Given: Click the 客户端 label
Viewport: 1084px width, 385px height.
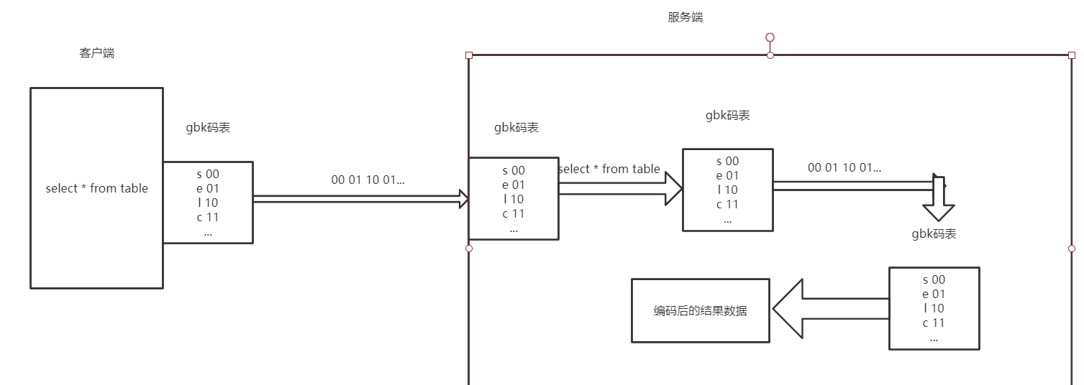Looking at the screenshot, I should pyautogui.click(x=96, y=53).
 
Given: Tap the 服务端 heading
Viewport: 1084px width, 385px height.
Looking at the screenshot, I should pyautogui.click(x=685, y=17).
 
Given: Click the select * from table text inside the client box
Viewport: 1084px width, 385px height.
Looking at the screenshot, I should pyautogui.click(x=96, y=188).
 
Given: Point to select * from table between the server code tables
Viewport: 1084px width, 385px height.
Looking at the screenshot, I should pyautogui.click(x=609, y=169).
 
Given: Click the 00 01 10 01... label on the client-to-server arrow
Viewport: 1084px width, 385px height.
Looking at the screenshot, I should pyautogui.click(x=368, y=180).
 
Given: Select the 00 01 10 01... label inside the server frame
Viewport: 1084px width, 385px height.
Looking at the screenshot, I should pyautogui.click(x=844, y=167).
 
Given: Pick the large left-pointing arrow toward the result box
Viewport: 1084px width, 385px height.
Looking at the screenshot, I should pyautogui.click(x=827, y=309).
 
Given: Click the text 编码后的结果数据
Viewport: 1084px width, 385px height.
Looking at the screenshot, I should pyautogui.click(x=700, y=310).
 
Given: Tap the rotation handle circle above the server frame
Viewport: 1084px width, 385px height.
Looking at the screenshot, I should pyautogui.click(x=770, y=37).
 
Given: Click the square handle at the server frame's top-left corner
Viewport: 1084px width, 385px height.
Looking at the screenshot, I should pyautogui.click(x=469, y=55).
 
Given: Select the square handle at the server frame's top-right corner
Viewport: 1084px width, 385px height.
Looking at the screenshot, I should pyautogui.click(x=1071, y=55).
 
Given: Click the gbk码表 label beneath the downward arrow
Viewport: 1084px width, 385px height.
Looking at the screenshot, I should pyautogui.click(x=934, y=233).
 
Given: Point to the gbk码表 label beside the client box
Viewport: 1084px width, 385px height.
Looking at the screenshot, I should pyautogui.click(x=208, y=128).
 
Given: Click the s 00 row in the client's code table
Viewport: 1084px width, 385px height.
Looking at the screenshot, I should pyautogui.click(x=208, y=174).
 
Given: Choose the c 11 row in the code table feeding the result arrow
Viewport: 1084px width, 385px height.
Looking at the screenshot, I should pyautogui.click(x=934, y=323).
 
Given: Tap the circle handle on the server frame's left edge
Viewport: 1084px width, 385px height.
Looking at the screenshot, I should pyautogui.click(x=469, y=249).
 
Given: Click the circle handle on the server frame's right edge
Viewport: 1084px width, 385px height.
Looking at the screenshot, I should pyautogui.click(x=1071, y=249).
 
